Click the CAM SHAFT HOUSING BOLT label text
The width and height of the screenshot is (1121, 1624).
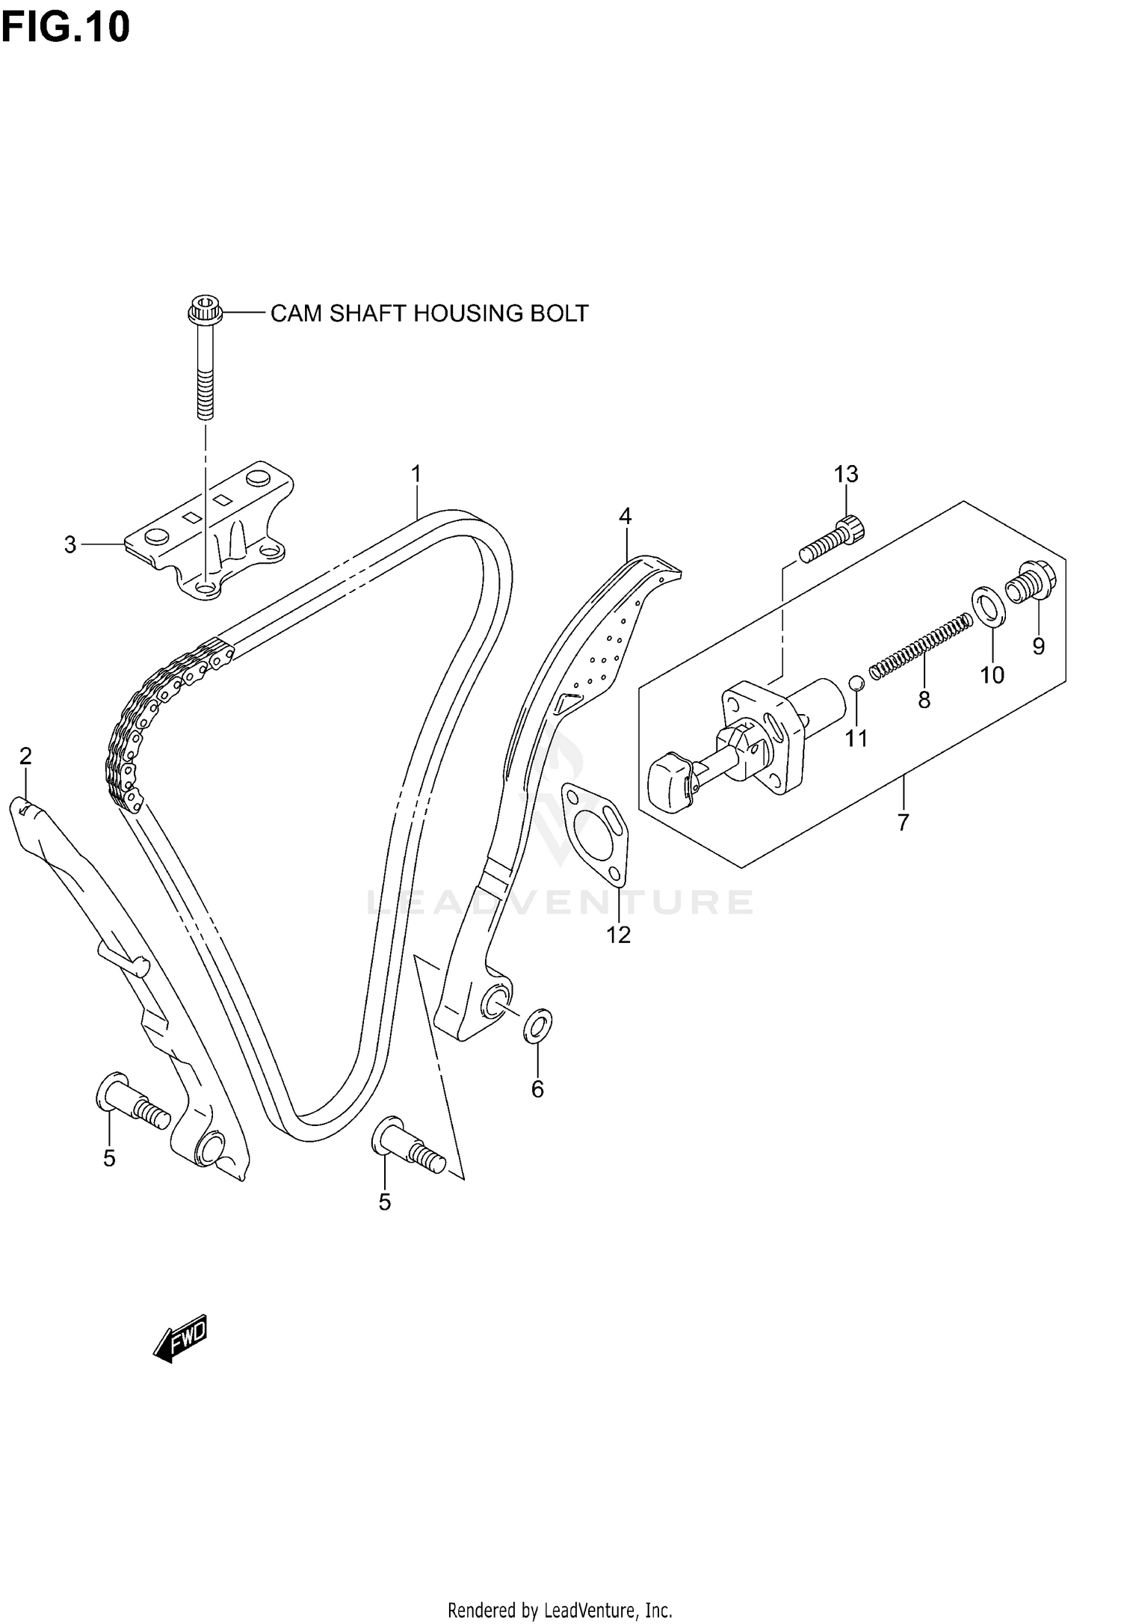[x=429, y=313]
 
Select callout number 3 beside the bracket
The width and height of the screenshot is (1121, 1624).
[x=70, y=545]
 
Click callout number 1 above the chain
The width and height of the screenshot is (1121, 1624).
[x=416, y=473]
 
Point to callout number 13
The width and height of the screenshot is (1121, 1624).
[x=846, y=473]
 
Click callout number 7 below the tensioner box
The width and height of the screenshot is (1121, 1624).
[x=903, y=822]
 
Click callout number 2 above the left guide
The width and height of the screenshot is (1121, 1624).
[x=25, y=756]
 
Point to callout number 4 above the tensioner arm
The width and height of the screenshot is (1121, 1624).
[x=625, y=516]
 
